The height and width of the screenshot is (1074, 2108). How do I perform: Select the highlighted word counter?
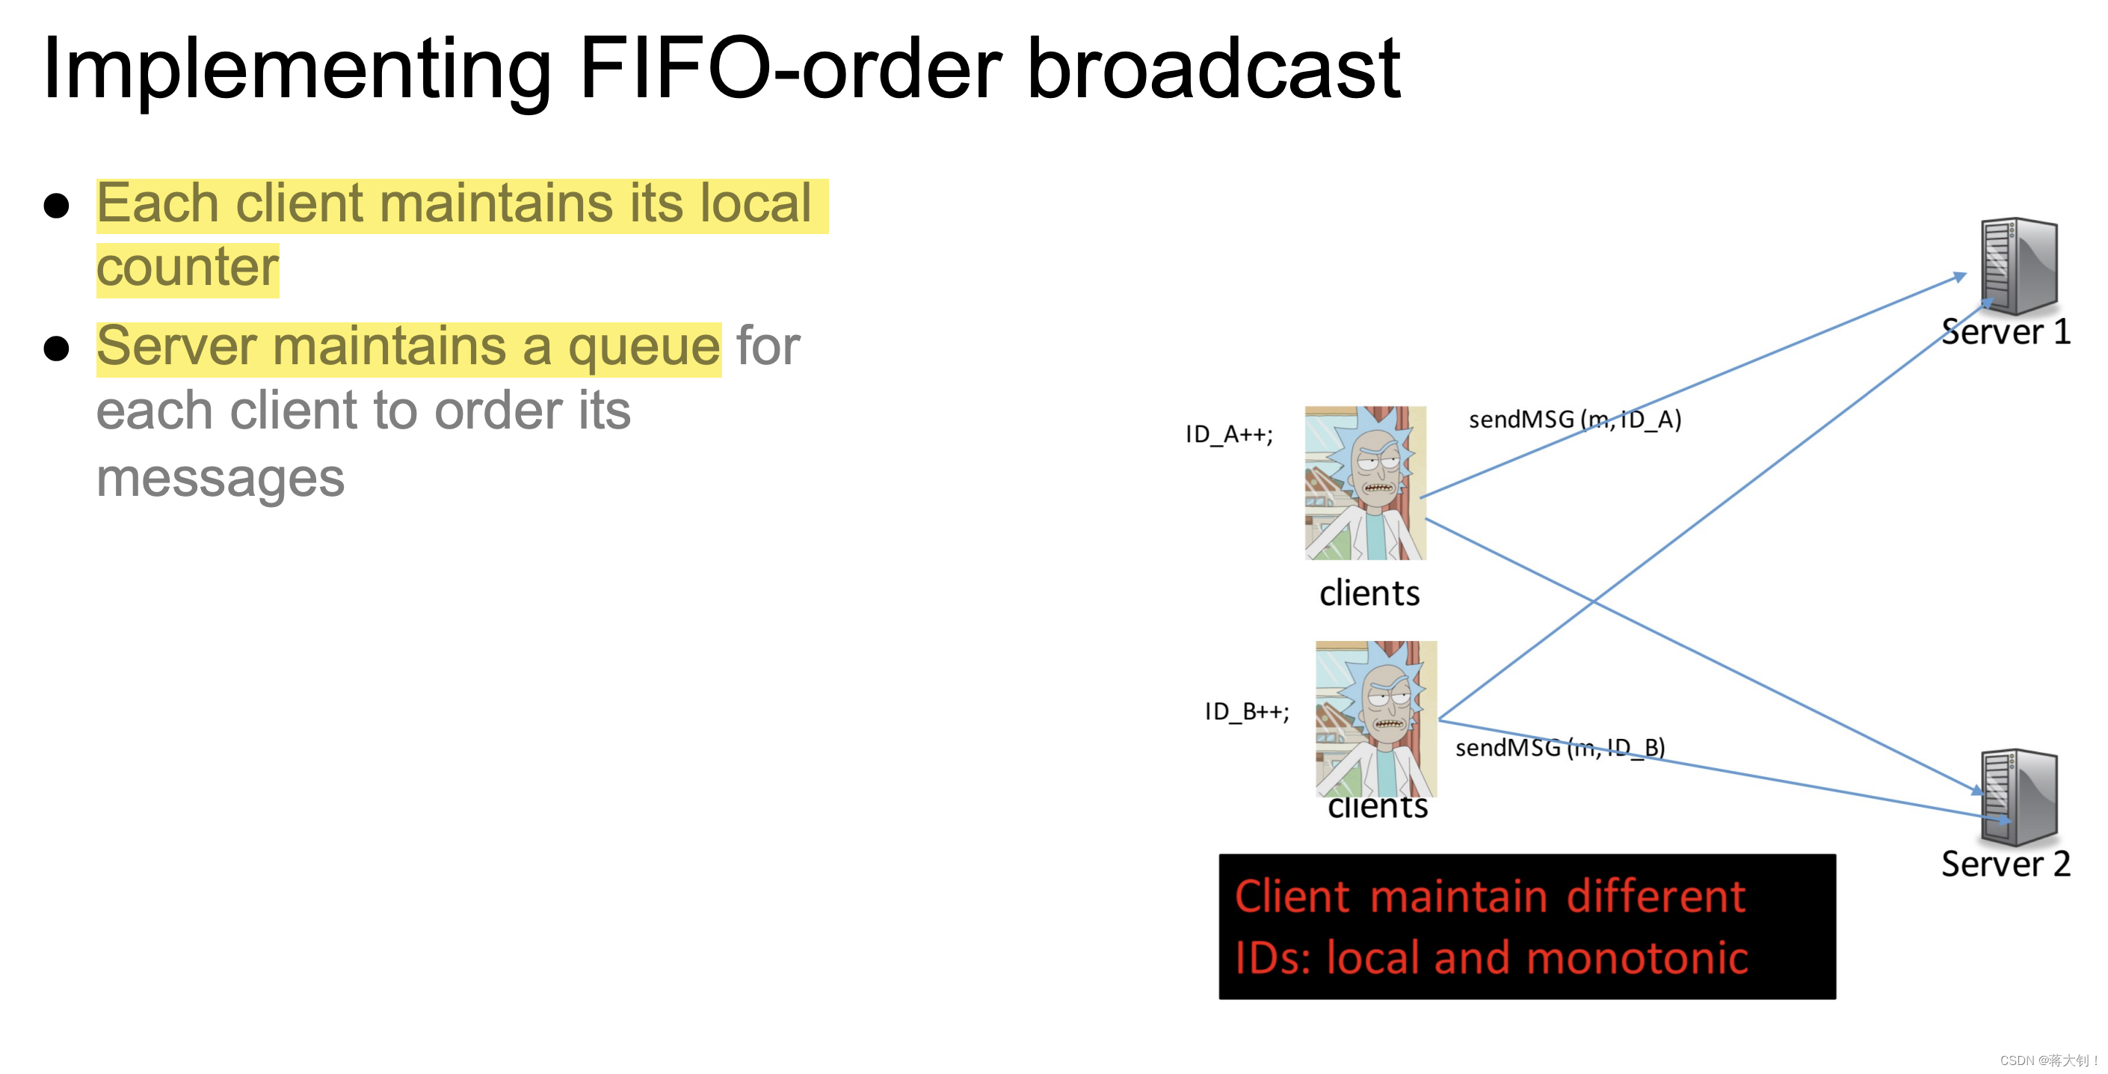click(x=188, y=268)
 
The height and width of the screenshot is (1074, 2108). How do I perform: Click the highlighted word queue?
click(x=644, y=347)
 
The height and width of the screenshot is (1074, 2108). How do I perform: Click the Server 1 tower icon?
click(x=2018, y=266)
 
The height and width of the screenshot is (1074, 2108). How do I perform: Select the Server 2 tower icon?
click(x=2018, y=797)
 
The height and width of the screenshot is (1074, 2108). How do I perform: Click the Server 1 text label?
click(x=2005, y=332)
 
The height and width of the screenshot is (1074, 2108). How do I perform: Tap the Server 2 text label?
click(x=2005, y=865)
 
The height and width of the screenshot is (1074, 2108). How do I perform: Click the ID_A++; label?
click(x=1229, y=434)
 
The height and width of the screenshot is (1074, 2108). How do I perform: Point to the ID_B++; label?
click(x=1246, y=711)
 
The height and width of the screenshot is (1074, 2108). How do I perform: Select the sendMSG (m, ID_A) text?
click(x=1574, y=420)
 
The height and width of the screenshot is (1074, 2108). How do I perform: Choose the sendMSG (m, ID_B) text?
click(x=1560, y=747)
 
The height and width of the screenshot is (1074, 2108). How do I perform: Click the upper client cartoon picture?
click(x=1365, y=483)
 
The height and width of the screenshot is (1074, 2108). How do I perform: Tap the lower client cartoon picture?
click(x=1375, y=719)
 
